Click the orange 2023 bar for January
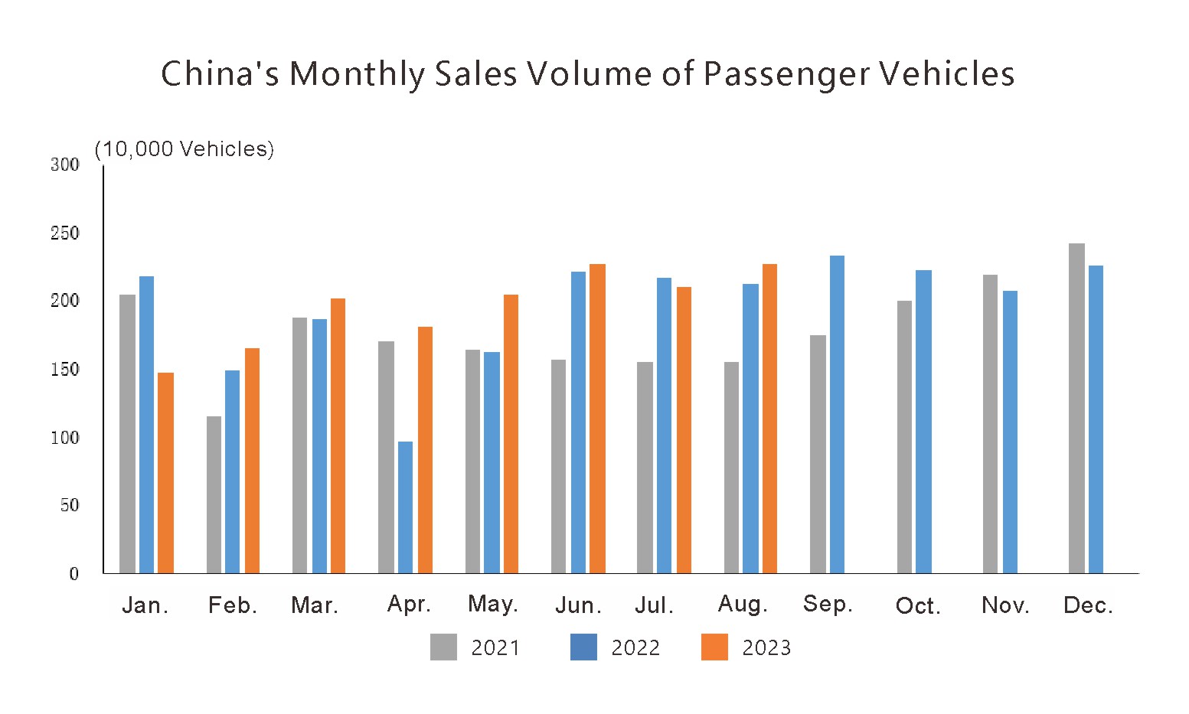click(x=166, y=473)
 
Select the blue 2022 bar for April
click(x=405, y=507)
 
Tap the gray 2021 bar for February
click(x=214, y=494)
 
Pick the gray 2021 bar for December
click(x=1076, y=408)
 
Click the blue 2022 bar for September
click(x=837, y=414)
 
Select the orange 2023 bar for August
click(x=769, y=419)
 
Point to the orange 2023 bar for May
click(x=511, y=434)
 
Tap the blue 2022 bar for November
click(x=1010, y=432)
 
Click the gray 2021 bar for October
click(x=904, y=437)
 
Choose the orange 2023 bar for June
click(x=597, y=419)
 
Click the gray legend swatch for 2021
click(x=443, y=647)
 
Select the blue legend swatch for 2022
click(x=583, y=647)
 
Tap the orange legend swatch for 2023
click(x=714, y=647)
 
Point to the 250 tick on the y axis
click(x=65, y=233)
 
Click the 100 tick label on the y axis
click(x=65, y=438)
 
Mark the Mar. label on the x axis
click(x=315, y=606)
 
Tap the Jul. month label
click(x=654, y=606)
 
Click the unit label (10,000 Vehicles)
click(x=184, y=149)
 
